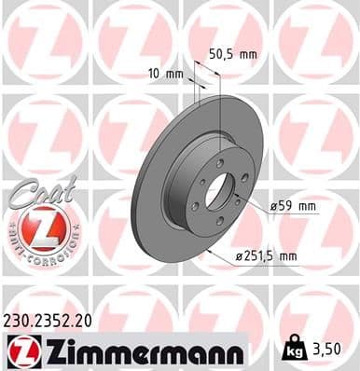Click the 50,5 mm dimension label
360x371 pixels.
(230, 54)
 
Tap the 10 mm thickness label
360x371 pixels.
(165, 72)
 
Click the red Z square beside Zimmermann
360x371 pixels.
(20, 351)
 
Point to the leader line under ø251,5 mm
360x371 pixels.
(261, 265)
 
